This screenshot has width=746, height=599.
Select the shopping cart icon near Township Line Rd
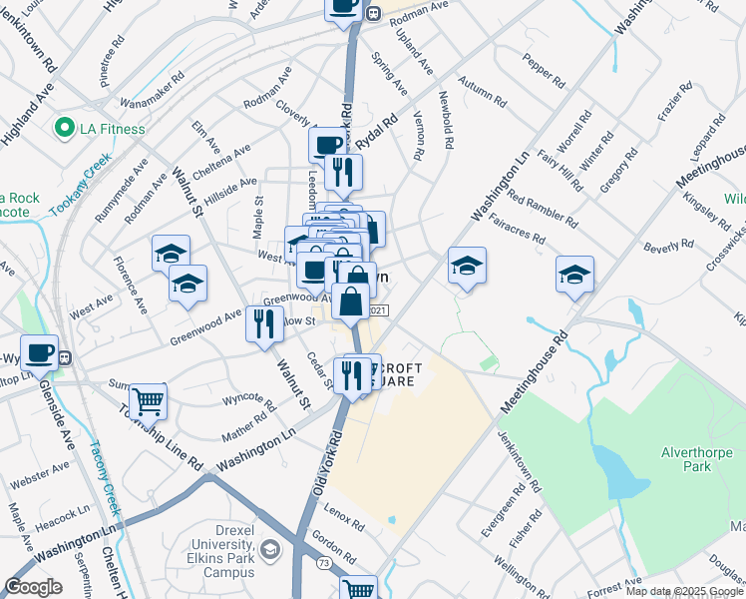click(148, 401)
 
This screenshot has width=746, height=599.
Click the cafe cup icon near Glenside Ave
click(39, 353)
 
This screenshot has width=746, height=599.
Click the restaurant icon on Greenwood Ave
click(264, 324)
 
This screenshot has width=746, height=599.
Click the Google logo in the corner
click(33, 587)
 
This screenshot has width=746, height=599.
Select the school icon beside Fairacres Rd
click(467, 267)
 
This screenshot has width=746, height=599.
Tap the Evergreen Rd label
click(502, 511)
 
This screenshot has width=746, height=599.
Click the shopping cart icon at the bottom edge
click(358, 589)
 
